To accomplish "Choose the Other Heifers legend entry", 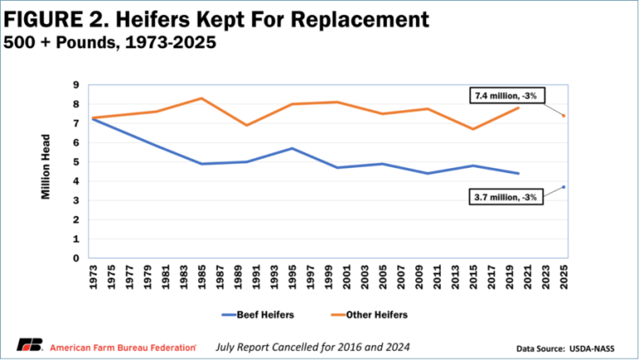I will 365,314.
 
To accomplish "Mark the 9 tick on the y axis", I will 76,85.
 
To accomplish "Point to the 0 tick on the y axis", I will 76,258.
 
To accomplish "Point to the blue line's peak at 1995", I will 290,148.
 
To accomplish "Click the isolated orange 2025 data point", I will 564,116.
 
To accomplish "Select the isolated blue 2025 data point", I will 564,187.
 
